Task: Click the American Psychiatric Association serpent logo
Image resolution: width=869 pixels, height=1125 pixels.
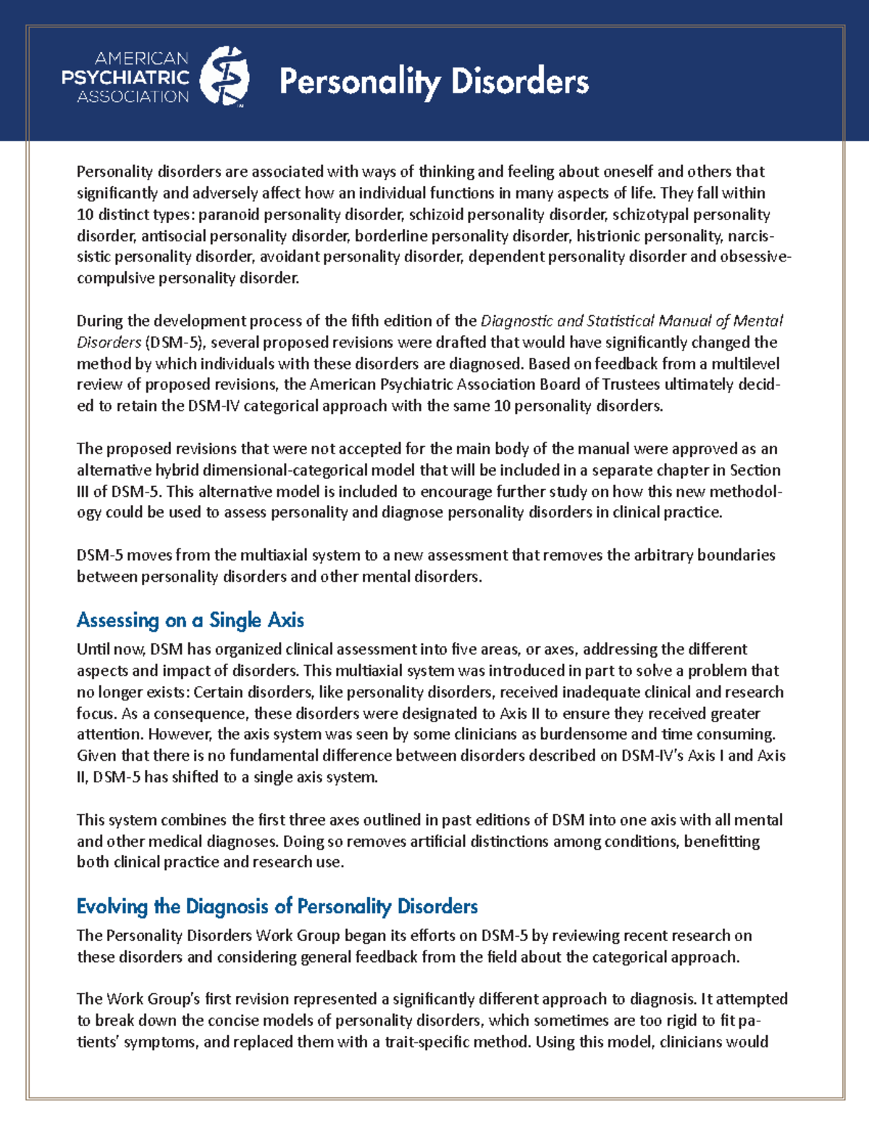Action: tap(224, 77)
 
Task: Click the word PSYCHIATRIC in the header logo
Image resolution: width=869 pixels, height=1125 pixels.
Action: tap(125, 78)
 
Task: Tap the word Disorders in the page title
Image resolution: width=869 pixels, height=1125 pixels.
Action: tap(519, 81)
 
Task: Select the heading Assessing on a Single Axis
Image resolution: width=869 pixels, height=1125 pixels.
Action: tap(190, 620)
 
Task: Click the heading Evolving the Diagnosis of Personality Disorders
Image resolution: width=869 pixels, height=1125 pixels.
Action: tap(277, 906)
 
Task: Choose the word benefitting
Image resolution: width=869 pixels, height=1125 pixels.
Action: tap(722, 842)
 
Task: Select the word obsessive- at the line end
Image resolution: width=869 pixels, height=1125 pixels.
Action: tap(755, 256)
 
